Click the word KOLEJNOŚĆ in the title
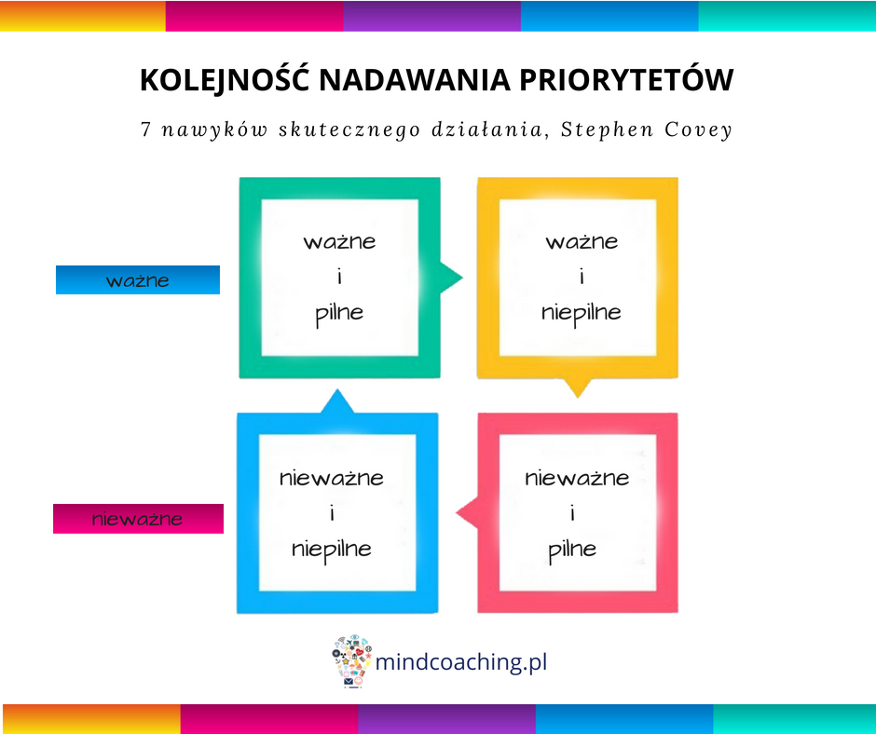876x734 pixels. (225, 79)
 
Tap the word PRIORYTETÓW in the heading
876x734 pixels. (626, 79)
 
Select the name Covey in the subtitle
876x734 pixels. (698, 129)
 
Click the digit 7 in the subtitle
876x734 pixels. (145, 129)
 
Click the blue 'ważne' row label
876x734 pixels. (137, 279)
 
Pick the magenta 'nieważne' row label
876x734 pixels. (138, 519)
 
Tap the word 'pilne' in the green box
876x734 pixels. (339, 314)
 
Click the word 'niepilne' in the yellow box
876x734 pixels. (581, 314)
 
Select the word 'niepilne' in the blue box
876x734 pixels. (331, 550)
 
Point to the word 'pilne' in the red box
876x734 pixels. (572, 550)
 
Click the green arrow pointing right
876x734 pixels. (451, 277)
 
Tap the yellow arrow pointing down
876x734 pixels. (578, 387)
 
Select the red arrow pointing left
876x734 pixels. (468, 512)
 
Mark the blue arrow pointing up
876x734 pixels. (336, 401)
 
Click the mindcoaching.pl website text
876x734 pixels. (461, 662)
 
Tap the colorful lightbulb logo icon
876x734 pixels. (351, 660)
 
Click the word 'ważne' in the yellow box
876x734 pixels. (582, 242)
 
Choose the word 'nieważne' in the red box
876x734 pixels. (577, 478)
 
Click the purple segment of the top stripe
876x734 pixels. (431, 16)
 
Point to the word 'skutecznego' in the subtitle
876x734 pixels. (349, 130)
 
